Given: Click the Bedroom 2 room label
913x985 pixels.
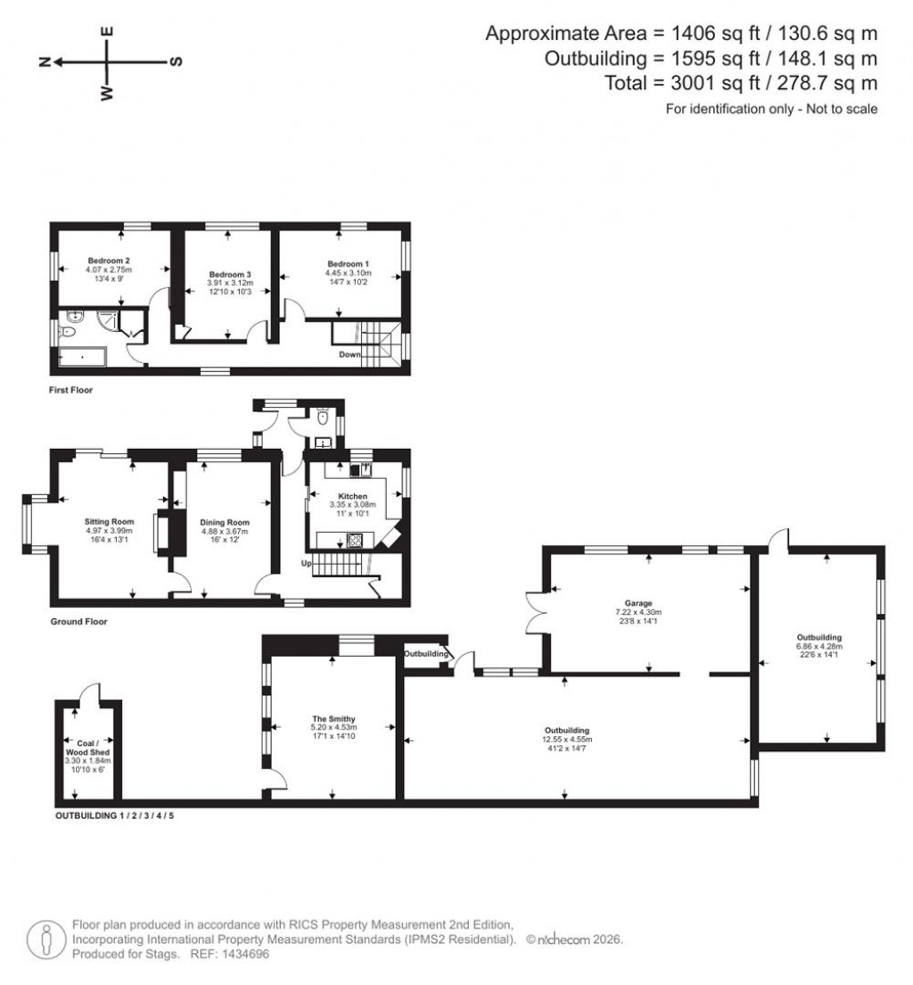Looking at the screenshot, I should click(109, 261).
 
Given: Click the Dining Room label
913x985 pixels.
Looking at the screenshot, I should click(224, 523).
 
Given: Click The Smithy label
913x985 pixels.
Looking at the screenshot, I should click(333, 718).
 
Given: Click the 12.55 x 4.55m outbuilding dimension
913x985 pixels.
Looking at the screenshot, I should click(567, 740).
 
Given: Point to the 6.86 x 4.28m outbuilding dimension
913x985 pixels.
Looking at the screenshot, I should click(818, 647).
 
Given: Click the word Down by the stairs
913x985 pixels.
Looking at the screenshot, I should click(350, 355).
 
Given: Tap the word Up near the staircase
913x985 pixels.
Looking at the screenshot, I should click(305, 565).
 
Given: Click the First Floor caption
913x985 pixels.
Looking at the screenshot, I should click(71, 390).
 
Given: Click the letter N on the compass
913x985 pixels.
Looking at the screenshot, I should click(44, 62).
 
